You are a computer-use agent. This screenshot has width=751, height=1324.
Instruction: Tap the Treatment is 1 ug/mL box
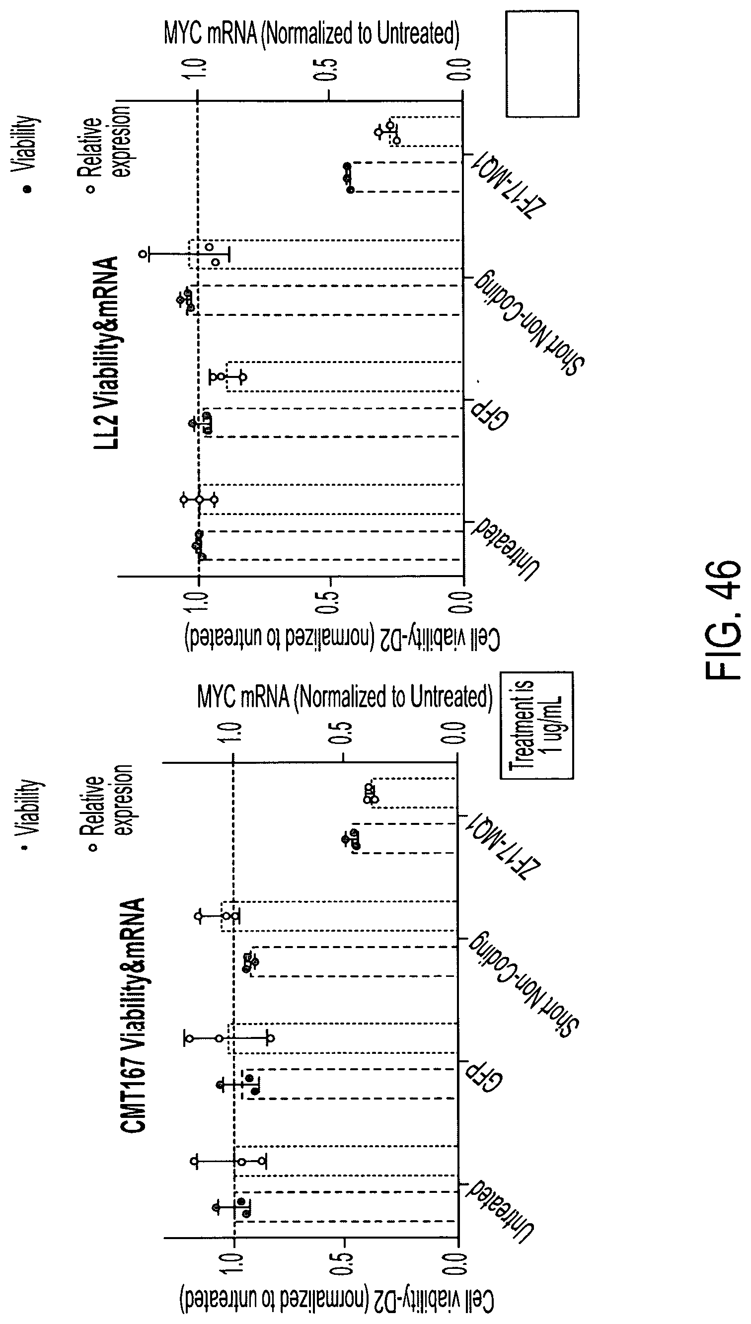536,725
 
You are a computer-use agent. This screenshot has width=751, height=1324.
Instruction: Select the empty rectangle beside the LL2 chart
542,64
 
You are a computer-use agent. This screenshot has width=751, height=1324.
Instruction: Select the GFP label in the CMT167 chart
484,1075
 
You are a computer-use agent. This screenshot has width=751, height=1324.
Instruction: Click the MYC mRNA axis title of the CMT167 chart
345,697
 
